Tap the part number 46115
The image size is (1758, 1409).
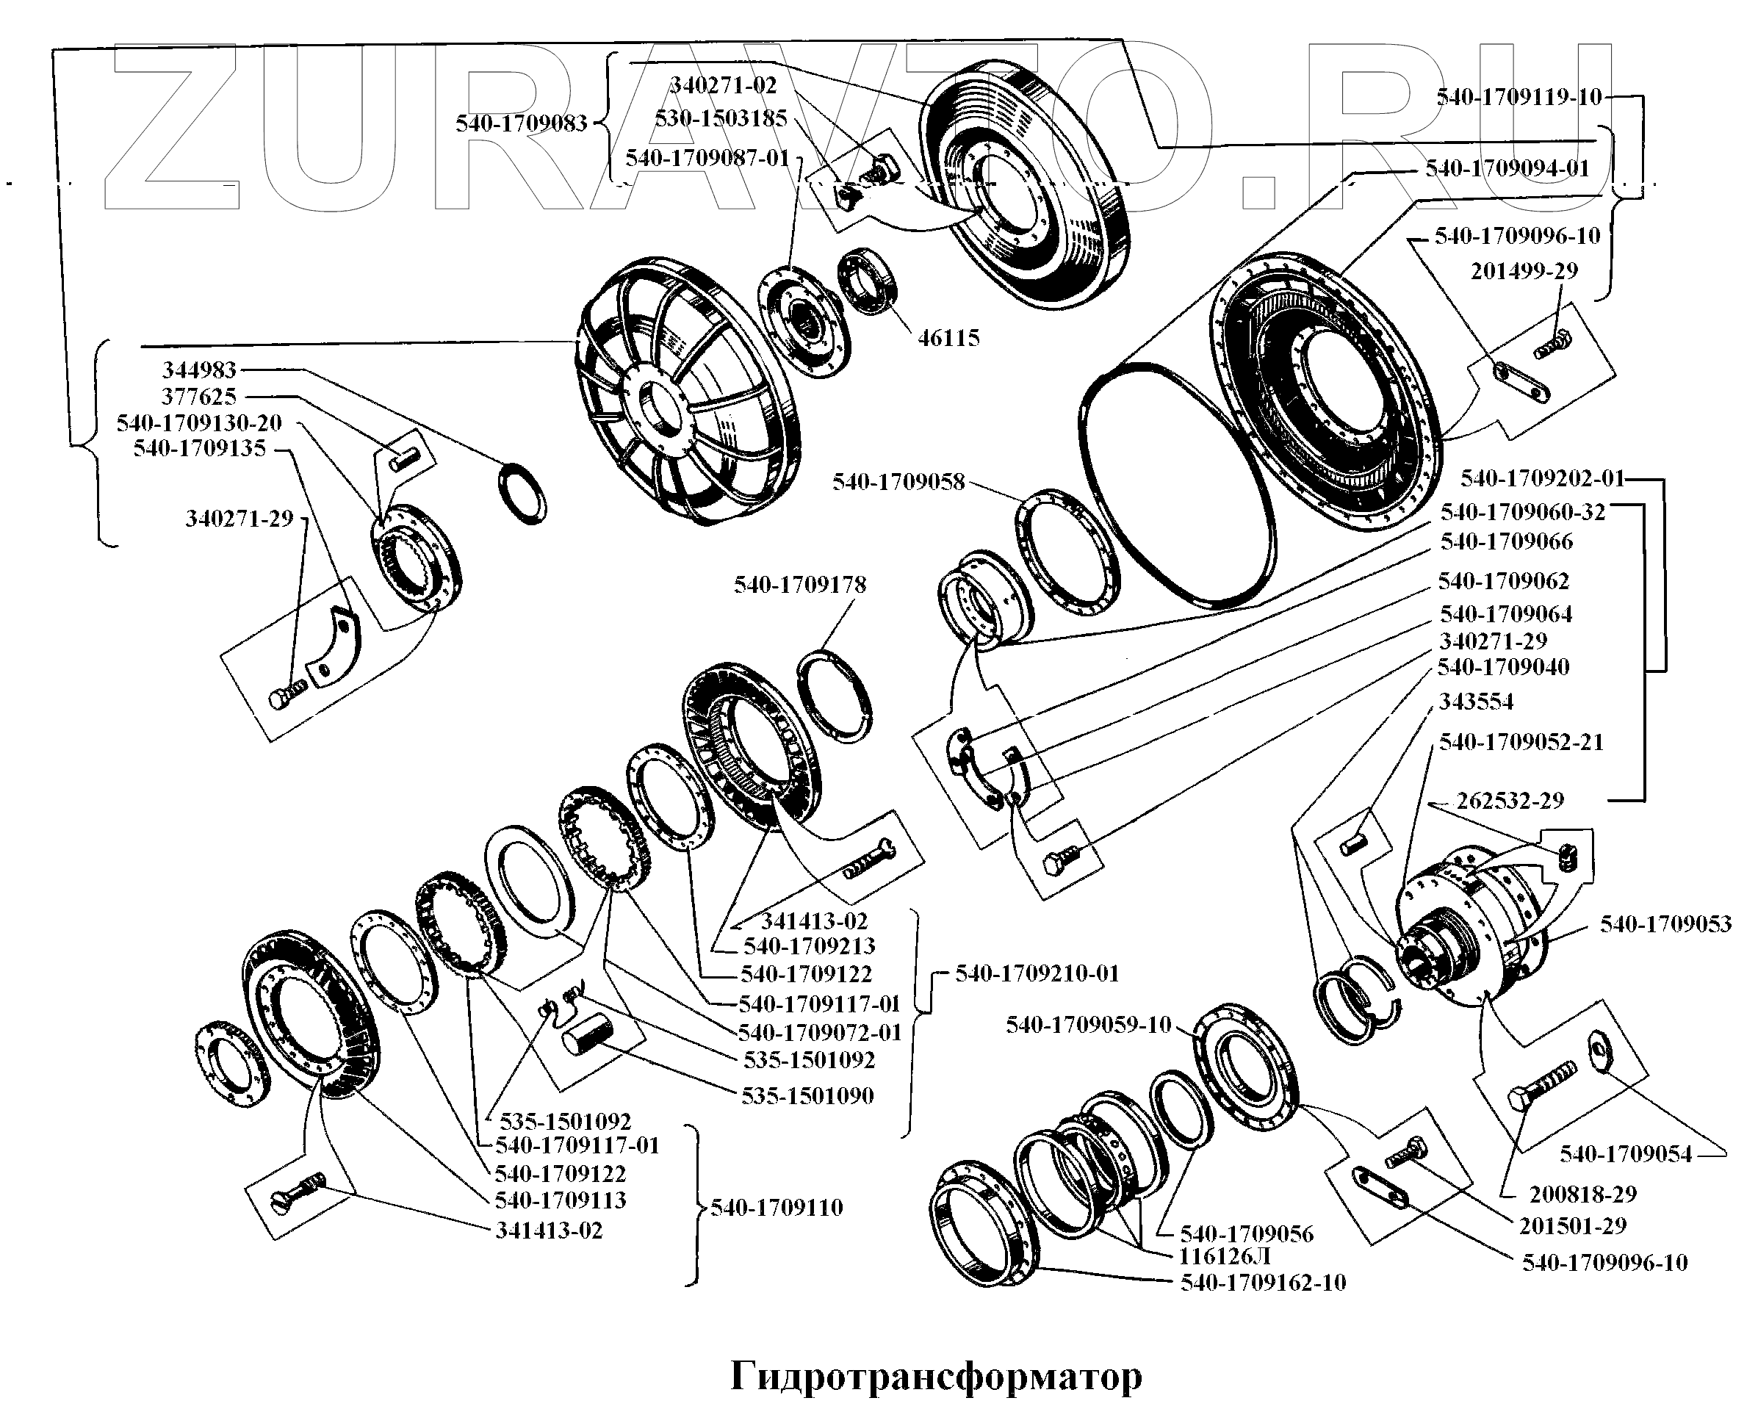(x=948, y=339)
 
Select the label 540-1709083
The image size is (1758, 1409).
(x=521, y=124)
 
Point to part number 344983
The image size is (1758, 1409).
(x=199, y=370)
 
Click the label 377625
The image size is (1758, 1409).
(x=199, y=397)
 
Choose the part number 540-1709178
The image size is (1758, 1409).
(x=799, y=585)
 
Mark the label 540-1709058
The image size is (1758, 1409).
(x=898, y=482)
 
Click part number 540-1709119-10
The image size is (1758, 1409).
(x=1519, y=98)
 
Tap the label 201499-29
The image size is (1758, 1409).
(x=1523, y=271)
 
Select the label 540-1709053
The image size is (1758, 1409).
(x=1665, y=924)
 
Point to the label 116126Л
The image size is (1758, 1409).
(x=1225, y=1256)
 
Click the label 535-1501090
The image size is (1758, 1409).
(x=807, y=1096)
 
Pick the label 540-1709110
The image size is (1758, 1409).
(x=776, y=1208)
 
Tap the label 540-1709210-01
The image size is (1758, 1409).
(x=1037, y=973)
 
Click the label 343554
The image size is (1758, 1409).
(x=1475, y=702)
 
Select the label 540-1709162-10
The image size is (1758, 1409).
(x=1262, y=1283)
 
